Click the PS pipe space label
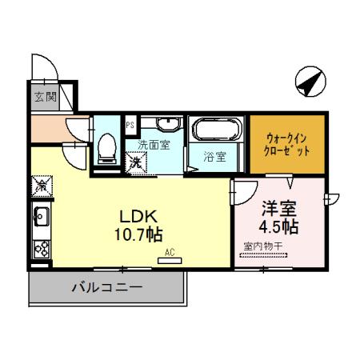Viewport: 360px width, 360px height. pyautogui.click(x=130, y=124)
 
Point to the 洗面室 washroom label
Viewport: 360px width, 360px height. pyautogui.click(x=154, y=146)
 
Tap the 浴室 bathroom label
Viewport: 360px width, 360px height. pyautogui.click(x=214, y=157)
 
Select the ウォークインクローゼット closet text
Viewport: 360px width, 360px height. pyautogui.click(x=286, y=144)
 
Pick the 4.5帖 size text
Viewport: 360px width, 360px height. pyautogui.click(x=280, y=227)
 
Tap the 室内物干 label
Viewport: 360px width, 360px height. pyautogui.click(x=262, y=247)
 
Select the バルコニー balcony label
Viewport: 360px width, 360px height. pyautogui.click(x=106, y=286)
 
